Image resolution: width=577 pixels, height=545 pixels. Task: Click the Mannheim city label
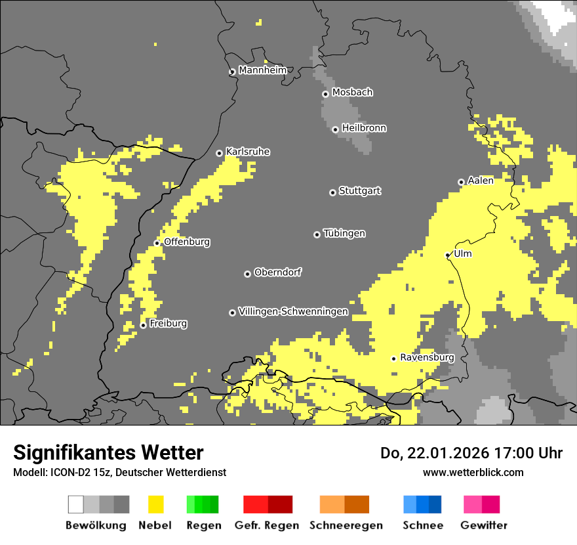click(x=262, y=70)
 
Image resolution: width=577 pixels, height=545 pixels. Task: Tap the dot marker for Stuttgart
click(x=332, y=192)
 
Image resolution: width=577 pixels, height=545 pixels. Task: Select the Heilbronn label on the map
click(x=364, y=128)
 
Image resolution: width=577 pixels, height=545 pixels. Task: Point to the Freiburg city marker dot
click(x=143, y=325)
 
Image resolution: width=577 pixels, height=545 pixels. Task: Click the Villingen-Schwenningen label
click(x=293, y=311)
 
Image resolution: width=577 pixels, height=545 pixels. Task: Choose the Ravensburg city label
click(x=427, y=357)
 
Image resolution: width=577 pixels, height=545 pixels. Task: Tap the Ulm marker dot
click(x=448, y=255)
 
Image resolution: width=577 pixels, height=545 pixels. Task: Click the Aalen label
click(x=481, y=181)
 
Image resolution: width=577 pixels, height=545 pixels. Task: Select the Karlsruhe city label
click(x=248, y=152)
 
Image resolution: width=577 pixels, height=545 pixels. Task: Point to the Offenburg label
click(x=187, y=242)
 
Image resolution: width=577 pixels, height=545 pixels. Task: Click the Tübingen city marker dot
click(x=317, y=234)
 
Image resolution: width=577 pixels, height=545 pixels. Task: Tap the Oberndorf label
click(x=278, y=272)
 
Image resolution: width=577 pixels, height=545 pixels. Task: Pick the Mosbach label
click(x=352, y=93)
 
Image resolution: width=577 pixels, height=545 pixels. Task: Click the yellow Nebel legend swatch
click(x=155, y=504)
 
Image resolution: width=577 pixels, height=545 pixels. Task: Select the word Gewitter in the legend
click(x=484, y=525)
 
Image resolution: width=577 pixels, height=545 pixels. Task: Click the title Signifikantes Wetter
click(x=108, y=452)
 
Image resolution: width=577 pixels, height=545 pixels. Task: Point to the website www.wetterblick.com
click(x=473, y=472)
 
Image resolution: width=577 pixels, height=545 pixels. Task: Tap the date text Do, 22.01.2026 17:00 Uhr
click(x=471, y=453)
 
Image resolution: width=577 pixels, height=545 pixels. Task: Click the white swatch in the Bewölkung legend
click(x=76, y=504)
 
